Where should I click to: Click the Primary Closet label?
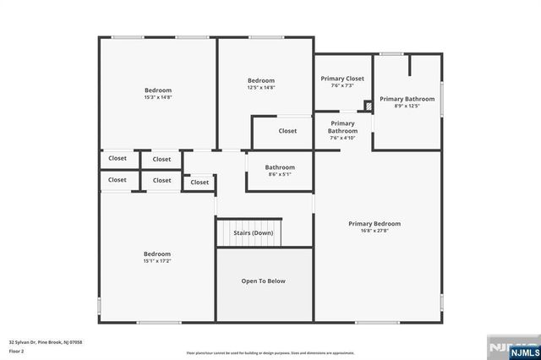pos(342,79)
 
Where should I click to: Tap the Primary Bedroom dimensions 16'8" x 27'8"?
pos(374,232)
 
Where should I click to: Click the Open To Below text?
pos(264,281)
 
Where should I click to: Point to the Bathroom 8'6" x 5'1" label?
pos(280,171)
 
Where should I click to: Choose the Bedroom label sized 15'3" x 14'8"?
pos(158,94)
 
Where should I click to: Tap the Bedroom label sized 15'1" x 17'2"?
pos(157,257)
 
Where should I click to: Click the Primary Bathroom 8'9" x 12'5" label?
pos(406,102)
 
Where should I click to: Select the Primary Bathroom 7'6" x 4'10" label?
pos(342,130)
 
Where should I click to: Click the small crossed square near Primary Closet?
pos(368,106)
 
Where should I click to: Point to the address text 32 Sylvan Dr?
pos(46,342)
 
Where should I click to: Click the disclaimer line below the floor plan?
pos(270,353)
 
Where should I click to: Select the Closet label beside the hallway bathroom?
pos(287,131)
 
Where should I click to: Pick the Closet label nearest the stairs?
pos(199,182)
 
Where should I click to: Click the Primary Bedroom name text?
pos(374,224)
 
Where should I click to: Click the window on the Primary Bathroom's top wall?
pos(390,54)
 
